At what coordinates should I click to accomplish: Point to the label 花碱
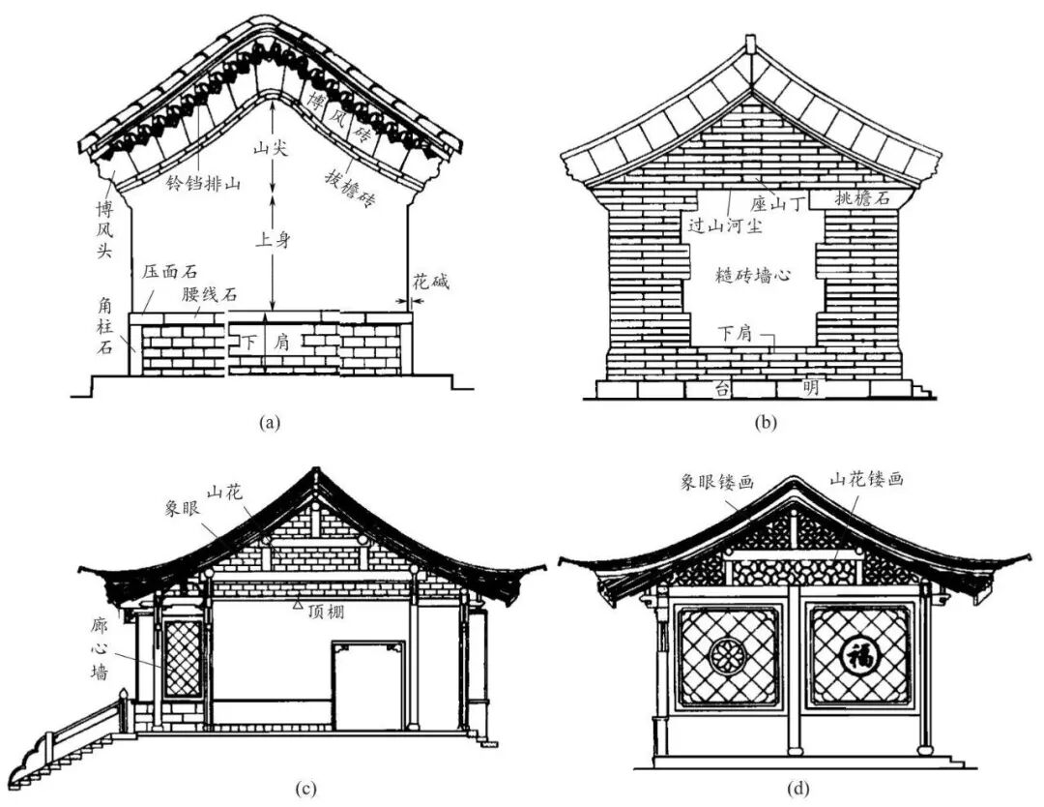click(430, 283)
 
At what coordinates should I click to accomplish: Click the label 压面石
click(165, 272)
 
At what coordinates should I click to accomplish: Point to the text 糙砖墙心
click(754, 275)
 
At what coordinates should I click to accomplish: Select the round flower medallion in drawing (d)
click(728, 656)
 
